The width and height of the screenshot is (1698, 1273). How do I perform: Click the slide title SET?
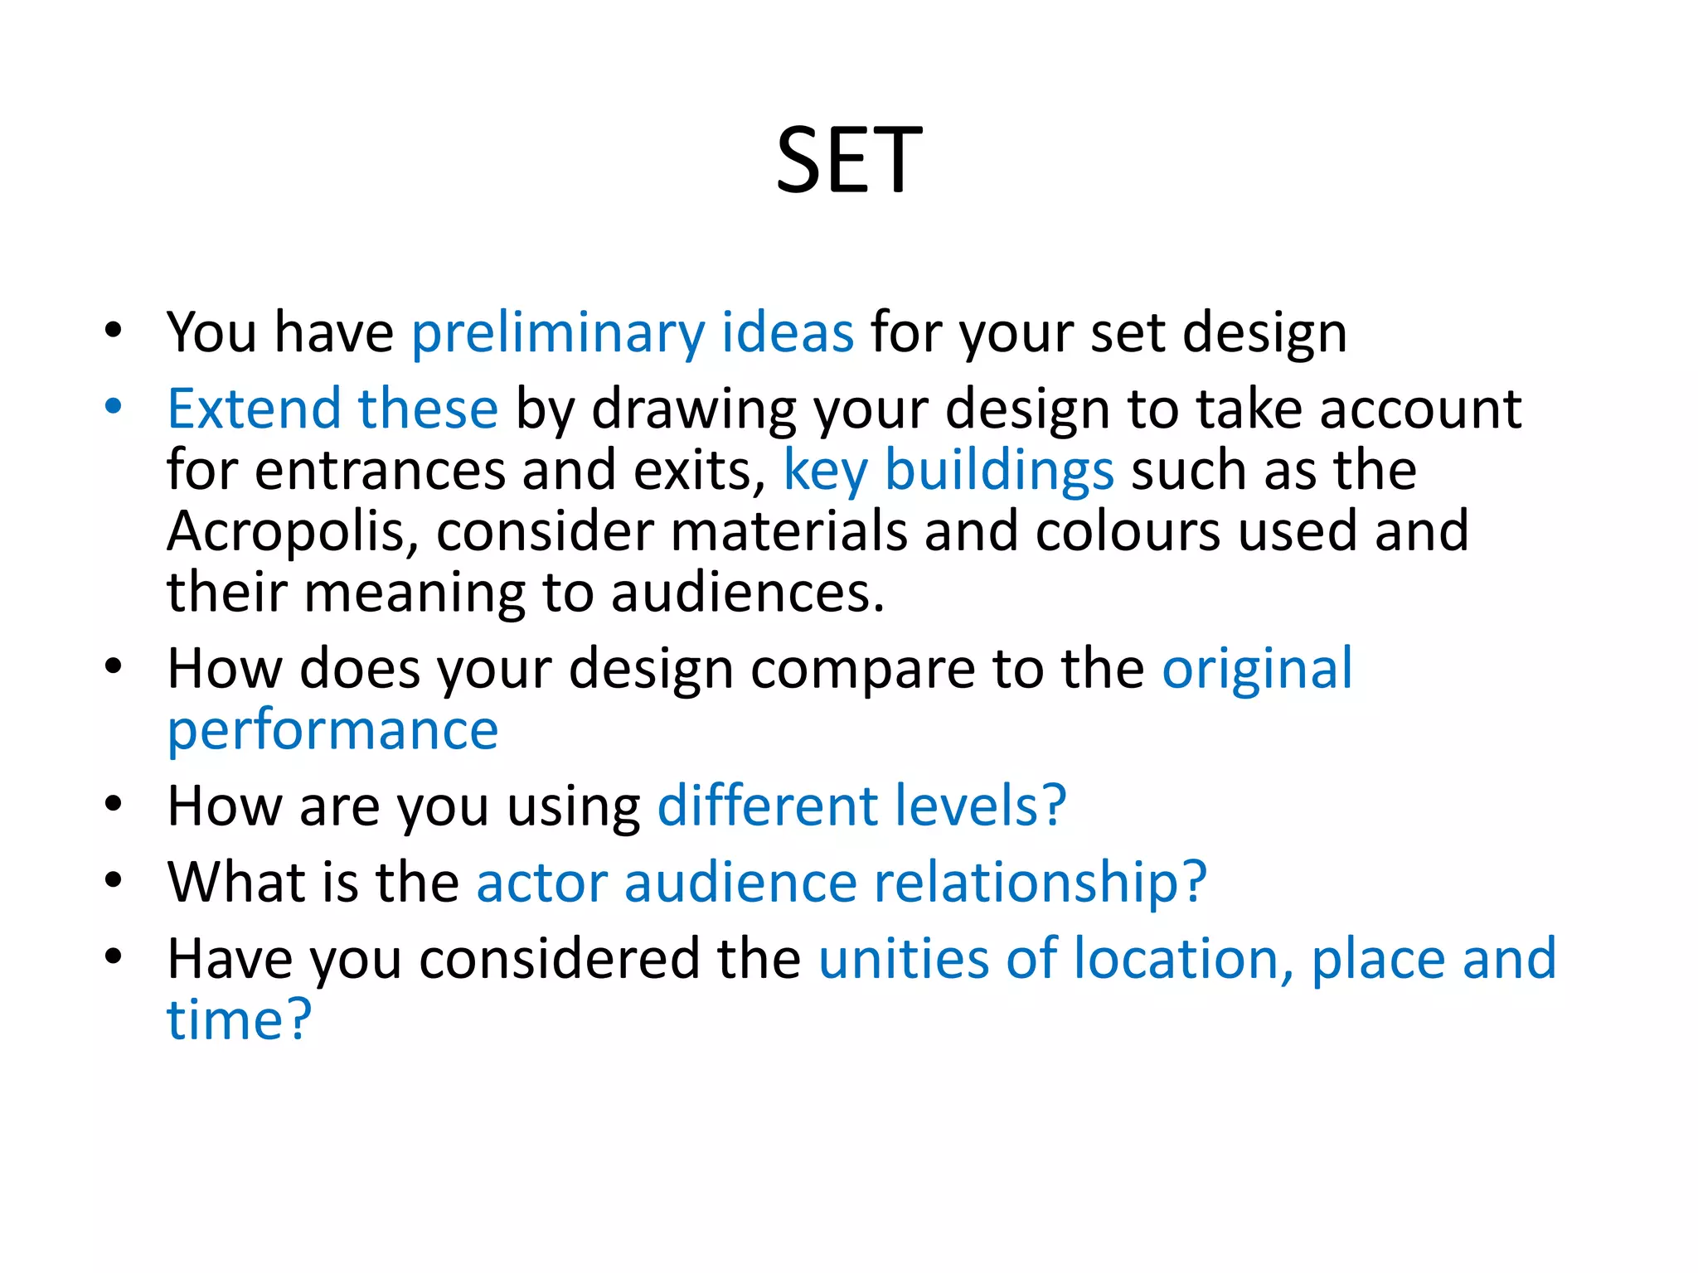848,161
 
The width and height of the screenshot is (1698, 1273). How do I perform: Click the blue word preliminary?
558,333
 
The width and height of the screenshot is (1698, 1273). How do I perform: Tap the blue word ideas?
787,333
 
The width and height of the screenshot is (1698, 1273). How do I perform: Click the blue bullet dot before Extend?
114,406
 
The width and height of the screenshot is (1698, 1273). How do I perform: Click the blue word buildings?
999,471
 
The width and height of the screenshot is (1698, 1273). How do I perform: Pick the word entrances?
381,471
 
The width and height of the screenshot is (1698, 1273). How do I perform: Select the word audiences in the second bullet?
747,593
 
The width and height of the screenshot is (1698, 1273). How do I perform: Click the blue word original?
1257,669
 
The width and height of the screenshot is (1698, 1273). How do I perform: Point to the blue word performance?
332,731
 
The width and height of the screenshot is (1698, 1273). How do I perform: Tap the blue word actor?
541,883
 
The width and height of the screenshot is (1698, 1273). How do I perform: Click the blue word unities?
903,959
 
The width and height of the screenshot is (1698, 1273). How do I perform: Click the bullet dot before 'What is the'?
114,879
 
